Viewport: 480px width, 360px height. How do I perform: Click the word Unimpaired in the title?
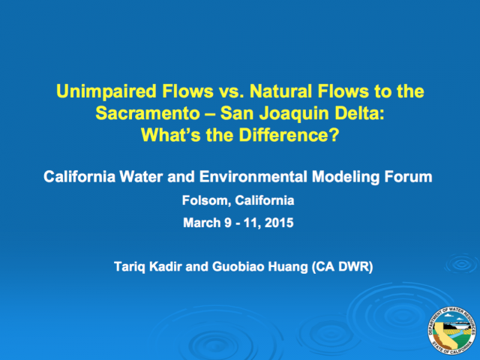[x=106, y=91]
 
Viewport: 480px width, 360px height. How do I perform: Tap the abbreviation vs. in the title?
[x=231, y=91]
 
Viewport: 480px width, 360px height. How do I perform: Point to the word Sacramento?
[x=148, y=113]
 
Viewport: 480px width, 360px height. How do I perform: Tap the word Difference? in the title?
[x=289, y=135]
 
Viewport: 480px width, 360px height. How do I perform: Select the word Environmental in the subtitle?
[x=253, y=177]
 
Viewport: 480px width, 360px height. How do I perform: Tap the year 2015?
[x=279, y=223]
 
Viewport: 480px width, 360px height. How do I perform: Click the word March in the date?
[x=202, y=223]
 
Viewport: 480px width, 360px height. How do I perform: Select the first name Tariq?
[x=130, y=267]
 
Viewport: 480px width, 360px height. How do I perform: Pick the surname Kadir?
[x=166, y=266]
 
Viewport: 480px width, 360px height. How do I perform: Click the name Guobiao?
[x=238, y=266]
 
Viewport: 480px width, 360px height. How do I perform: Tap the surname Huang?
[x=288, y=267]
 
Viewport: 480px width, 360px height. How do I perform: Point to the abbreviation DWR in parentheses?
[x=354, y=267]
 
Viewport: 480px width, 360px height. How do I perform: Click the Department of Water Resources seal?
[x=451, y=331]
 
